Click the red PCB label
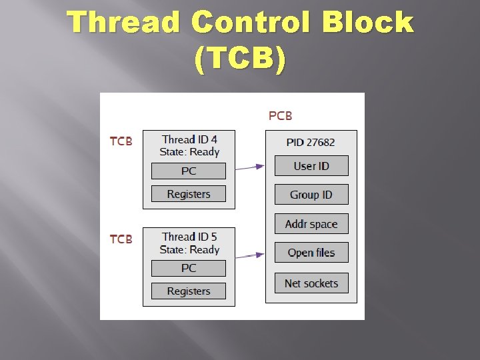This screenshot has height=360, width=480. point(280,116)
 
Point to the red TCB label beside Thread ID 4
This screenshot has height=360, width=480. point(121,141)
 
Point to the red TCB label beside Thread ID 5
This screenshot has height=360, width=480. point(121,239)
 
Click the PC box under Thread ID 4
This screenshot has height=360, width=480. point(189,171)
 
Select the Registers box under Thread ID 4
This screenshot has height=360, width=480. point(189,194)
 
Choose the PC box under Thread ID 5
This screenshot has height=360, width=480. point(189,268)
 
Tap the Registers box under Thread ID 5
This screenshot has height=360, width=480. point(189,291)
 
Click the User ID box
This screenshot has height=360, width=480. point(311,166)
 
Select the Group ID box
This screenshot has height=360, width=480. point(311,195)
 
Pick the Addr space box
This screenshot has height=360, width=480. point(311,224)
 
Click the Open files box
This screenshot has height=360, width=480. point(311,253)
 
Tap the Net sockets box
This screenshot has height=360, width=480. point(311,283)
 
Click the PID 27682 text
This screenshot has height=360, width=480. point(311,142)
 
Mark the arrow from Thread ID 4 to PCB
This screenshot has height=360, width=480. point(251,167)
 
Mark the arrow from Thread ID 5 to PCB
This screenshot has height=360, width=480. point(251,255)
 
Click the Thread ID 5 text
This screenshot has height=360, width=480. point(189,237)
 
